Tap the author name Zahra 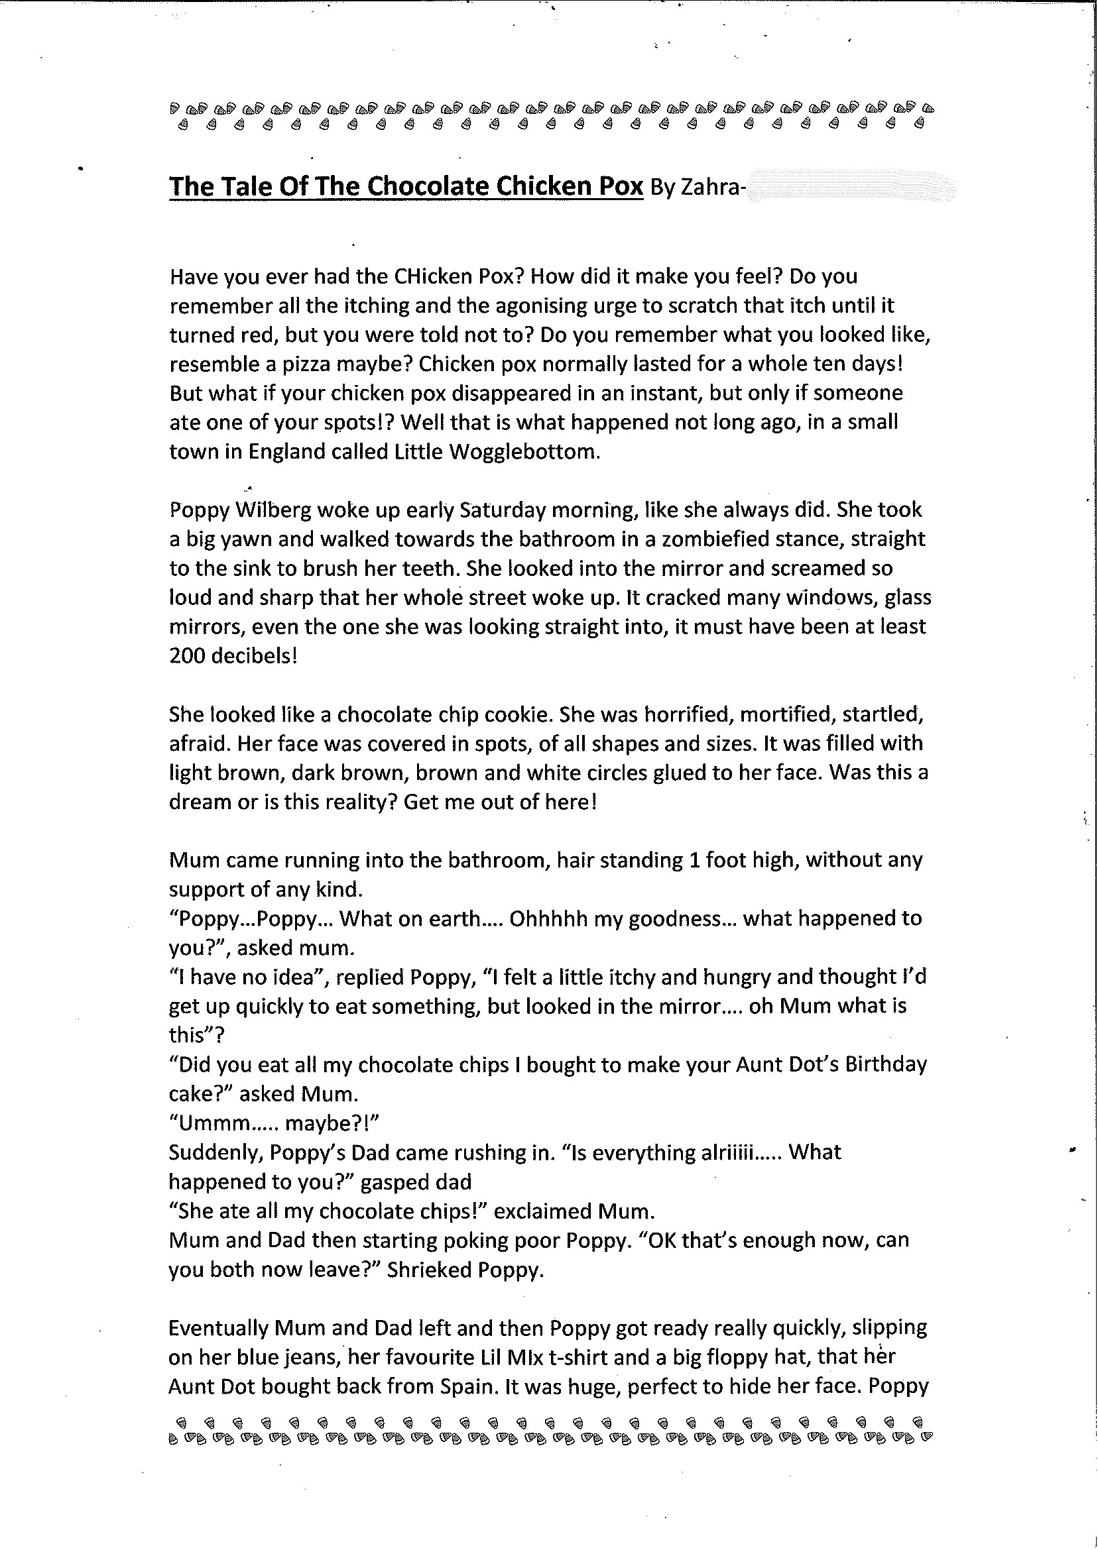(710, 187)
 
